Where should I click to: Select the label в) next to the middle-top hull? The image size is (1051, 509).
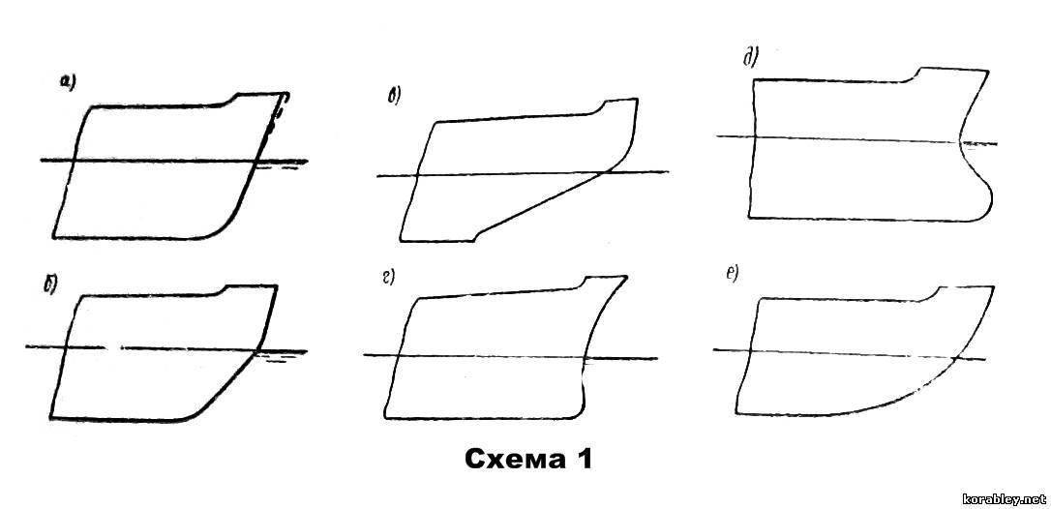[394, 97]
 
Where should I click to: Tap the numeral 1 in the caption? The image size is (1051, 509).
[582, 460]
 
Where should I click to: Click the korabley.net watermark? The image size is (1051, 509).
[1005, 499]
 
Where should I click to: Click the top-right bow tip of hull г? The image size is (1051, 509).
[627, 277]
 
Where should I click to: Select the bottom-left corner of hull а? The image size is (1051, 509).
[53, 237]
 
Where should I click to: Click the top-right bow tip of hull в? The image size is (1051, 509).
[637, 100]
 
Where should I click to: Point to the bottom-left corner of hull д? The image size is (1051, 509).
[749, 217]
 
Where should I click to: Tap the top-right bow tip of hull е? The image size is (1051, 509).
[993, 286]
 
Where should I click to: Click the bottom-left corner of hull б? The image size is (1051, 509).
[51, 419]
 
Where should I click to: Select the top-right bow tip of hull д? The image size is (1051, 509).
[987, 69]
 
